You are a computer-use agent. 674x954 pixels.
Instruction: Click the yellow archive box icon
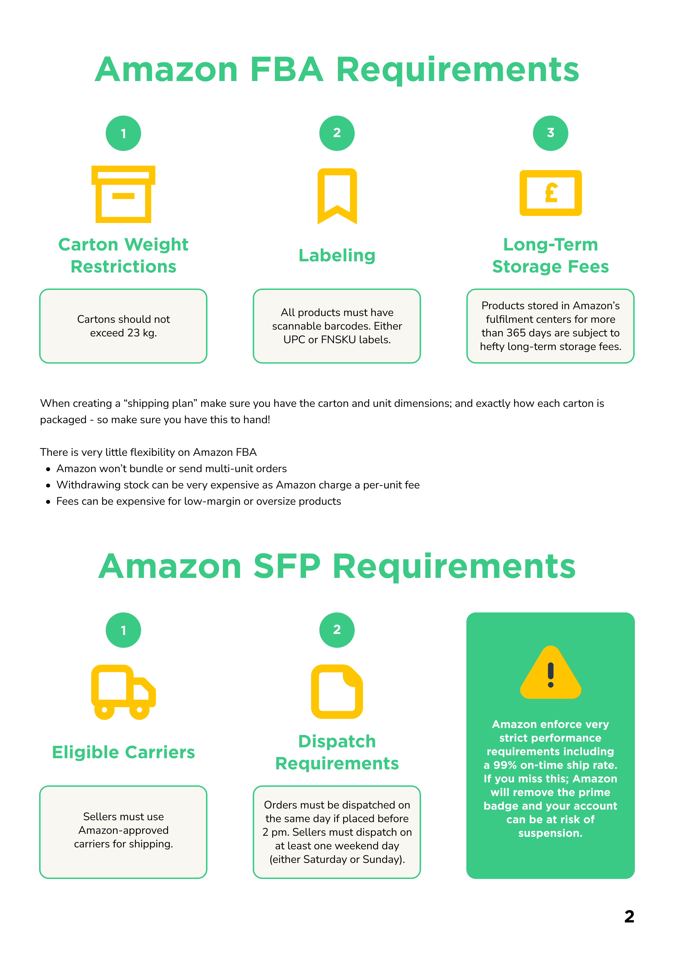[123, 194]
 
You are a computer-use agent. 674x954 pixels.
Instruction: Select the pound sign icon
[550, 193]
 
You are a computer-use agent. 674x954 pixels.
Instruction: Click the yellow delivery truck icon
[123, 692]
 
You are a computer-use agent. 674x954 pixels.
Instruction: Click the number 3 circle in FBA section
[550, 133]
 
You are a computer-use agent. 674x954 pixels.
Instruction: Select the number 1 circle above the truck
[123, 630]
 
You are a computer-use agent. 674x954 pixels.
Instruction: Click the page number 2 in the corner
[629, 916]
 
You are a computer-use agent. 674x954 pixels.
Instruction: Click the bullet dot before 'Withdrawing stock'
[48, 485]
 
